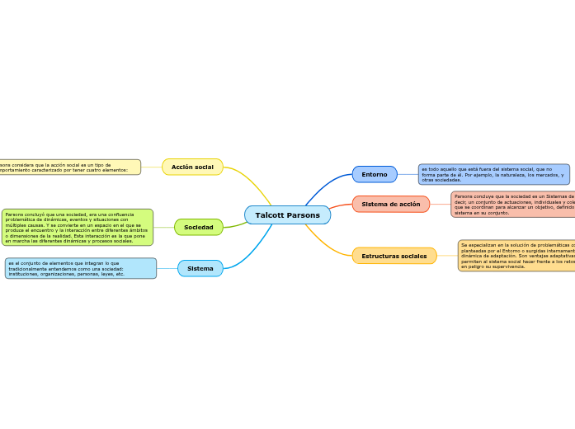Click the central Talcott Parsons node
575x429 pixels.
(287, 215)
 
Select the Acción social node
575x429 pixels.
(192, 167)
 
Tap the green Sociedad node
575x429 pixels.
(198, 228)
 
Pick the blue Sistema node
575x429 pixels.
(200, 269)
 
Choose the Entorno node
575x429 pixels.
(375, 175)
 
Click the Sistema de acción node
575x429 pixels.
(390, 205)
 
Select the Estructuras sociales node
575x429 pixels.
(394, 257)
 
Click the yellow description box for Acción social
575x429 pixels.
(70, 167)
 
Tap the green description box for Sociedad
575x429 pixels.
(78, 228)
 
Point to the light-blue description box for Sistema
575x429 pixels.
(80, 268)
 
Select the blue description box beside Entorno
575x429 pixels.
(493, 174)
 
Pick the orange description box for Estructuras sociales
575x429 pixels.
(516, 256)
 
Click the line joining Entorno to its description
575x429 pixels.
(408, 175)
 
